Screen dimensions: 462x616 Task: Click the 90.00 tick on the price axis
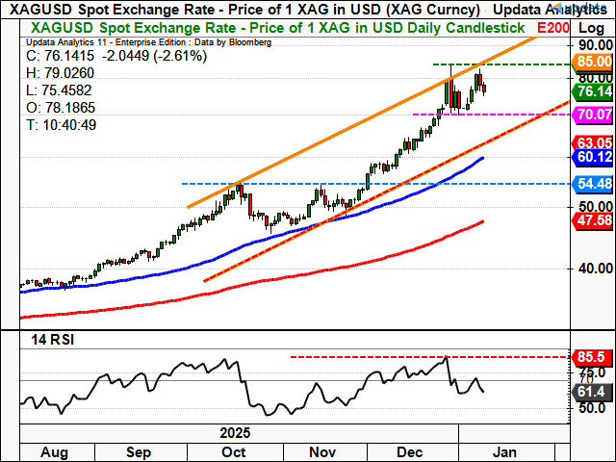point(589,44)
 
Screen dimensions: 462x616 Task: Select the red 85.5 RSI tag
point(586,356)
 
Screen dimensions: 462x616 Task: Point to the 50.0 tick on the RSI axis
point(589,408)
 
